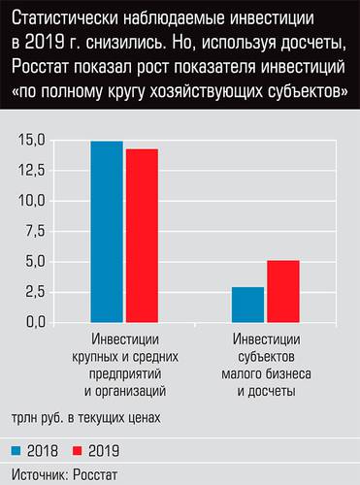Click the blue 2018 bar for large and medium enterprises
click(x=107, y=231)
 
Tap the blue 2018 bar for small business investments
click(x=247, y=304)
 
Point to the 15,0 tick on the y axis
click(x=32, y=141)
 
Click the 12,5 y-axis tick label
click(x=32, y=171)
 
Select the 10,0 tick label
click(x=32, y=201)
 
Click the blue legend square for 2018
click(x=17, y=450)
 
